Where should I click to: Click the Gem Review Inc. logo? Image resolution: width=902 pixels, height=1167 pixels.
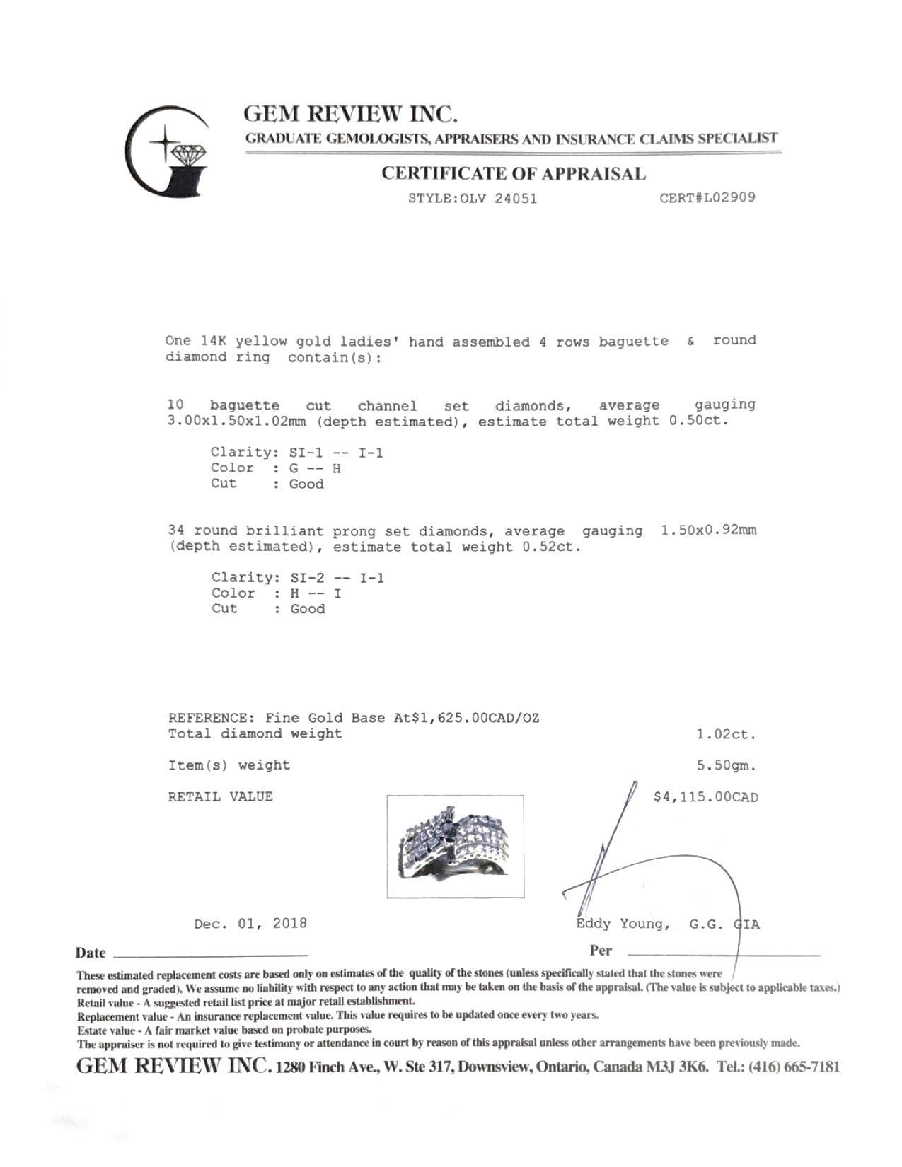(167, 151)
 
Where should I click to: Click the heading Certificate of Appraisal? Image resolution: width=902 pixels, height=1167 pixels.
(513, 173)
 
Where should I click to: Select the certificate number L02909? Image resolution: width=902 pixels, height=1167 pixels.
(729, 197)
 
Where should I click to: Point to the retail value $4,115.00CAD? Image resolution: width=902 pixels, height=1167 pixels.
(705, 797)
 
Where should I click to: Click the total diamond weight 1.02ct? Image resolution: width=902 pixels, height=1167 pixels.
(726, 734)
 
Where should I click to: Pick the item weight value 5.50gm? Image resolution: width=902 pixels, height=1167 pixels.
(726, 765)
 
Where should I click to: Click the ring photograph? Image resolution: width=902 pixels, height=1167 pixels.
(455, 846)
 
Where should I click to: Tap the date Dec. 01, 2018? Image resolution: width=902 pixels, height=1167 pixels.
(250, 923)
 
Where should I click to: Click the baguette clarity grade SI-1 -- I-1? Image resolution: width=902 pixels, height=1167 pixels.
(337, 453)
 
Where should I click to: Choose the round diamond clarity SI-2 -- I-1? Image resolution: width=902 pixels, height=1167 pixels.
(337, 578)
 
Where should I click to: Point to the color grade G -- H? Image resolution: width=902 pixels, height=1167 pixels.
(316, 468)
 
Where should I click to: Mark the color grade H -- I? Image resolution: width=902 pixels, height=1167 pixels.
(316, 593)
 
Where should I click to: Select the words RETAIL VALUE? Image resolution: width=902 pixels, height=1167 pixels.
(220, 797)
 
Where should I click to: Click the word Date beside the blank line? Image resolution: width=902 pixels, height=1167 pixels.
(91, 953)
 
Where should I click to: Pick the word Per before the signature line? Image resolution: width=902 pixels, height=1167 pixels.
(601, 951)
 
